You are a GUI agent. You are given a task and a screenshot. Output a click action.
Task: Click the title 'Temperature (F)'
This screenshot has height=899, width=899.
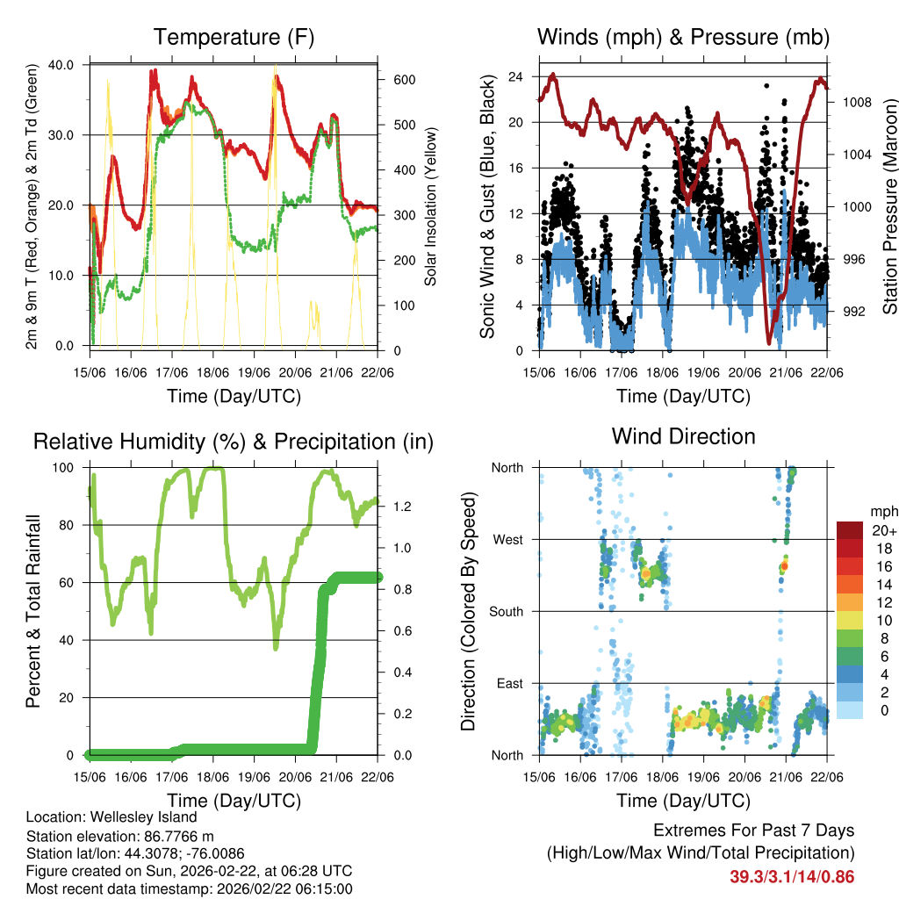click(233, 37)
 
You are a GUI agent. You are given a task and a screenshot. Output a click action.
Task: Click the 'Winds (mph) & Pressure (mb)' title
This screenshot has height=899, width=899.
click(683, 37)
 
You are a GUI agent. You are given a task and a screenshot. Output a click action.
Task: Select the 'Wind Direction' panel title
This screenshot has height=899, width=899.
click(683, 436)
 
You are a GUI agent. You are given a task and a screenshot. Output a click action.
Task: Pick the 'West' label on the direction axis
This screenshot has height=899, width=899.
click(507, 540)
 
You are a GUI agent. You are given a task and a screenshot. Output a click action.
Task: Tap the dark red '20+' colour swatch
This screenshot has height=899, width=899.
click(850, 531)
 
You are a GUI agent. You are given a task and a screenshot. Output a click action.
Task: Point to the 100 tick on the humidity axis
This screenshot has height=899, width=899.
click(65, 468)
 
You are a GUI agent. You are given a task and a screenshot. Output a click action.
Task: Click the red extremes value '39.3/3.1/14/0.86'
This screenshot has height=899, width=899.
click(791, 876)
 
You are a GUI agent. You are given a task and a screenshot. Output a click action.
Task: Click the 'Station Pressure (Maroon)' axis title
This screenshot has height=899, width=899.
click(889, 206)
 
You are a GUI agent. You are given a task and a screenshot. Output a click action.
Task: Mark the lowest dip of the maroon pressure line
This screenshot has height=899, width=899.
click(769, 342)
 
